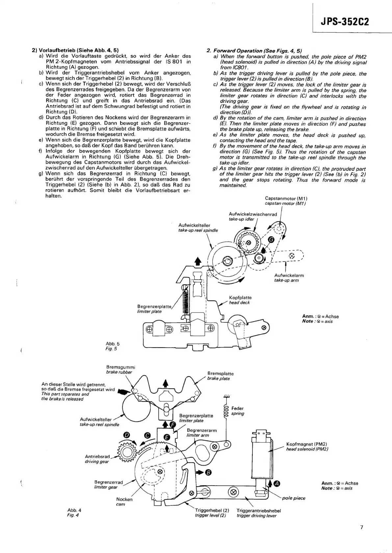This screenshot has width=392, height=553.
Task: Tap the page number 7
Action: (361, 528)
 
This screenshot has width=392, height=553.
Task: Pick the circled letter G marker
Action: (271, 240)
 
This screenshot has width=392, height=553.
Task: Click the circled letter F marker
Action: (172, 426)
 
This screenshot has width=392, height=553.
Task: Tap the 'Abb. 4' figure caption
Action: (74, 510)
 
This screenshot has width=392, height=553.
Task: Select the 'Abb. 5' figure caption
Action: (111, 344)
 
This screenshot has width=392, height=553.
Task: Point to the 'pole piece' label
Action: (294, 498)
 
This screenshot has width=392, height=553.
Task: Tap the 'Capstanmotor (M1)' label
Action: (286, 198)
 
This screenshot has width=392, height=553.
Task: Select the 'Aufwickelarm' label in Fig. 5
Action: (289, 275)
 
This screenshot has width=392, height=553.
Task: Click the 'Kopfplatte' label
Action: (240, 298)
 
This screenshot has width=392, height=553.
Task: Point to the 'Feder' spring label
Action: (238, 408)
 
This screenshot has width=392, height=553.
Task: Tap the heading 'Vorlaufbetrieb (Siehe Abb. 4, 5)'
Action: (75, 51)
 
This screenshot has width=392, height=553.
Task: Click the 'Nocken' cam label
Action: (124, 499)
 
